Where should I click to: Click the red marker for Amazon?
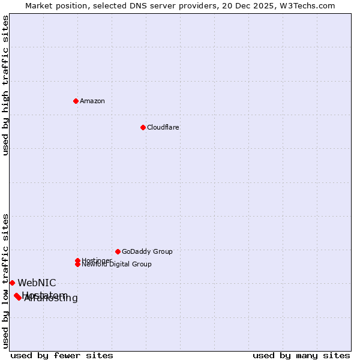pyautogui.click(x=76, y=101)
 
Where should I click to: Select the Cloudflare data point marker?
pyautogui.click(x=143, y=127)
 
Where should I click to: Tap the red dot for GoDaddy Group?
pyautogui.click(x=118, y=251)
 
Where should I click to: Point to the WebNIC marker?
pyautogui.click(x=12, y=283)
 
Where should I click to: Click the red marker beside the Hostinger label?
pyautogui.click(x=77, y=260)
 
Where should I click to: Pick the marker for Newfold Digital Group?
pyautogui.click(x=77, y=264)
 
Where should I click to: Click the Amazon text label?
pyautogui.click(x=92, y=101)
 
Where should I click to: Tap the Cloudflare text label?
pyautogui.click(x=163, y=127)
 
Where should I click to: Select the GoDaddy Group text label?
pyautogui.click(x=147, y=251)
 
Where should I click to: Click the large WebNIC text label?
pyautogui.click(x=37, y=283)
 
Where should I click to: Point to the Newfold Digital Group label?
pyautogui.click(x=116, y=264)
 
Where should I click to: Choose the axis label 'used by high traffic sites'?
pyautogui.click(x=5, y=85)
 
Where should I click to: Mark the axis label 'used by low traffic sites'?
pyautogui.click(x=5, y=281)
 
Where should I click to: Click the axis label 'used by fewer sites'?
pyautogui.click(x=62, y=355)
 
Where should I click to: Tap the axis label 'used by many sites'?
pyautogui.click(x=301, y=355)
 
